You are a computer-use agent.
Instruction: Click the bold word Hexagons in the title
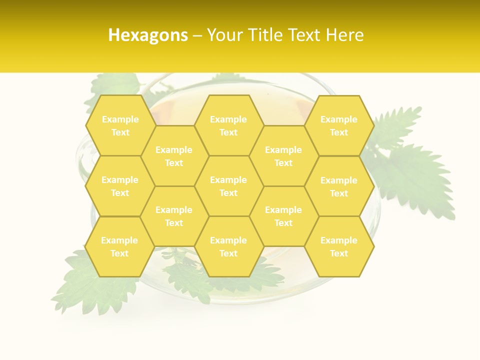coord(148,35)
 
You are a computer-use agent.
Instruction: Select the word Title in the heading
coord(268,35)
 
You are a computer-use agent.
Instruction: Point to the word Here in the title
coord(344,35)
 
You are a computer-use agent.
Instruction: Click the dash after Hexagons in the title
coord(197,35)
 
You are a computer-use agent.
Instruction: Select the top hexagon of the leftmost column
coord(120,125)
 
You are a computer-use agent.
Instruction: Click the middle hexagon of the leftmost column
coord(120,186)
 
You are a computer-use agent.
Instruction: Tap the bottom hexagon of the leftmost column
coord(119,246)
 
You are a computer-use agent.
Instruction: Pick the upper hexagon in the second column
coord(174,156)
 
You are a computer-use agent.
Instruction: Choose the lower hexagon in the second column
coord(174,216)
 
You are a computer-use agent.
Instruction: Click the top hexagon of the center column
coord(228,125)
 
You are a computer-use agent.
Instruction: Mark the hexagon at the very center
coord(228,186)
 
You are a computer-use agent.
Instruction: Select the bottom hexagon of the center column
coord(228,246)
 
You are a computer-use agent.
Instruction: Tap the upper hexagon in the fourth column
coord(283,156)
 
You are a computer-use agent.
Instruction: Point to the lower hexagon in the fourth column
coord(283,216)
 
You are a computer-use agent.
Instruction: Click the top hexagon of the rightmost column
coord(339,125)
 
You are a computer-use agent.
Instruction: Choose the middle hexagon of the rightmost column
coord(339,186)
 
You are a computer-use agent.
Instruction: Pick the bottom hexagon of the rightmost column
coord(339,246)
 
